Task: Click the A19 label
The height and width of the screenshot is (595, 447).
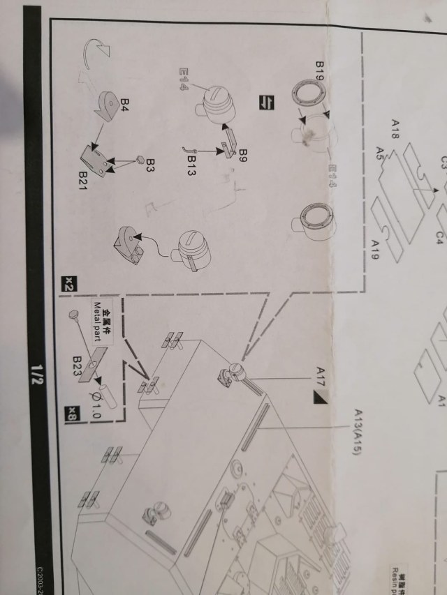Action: pyautogui.click(x=375, y=248)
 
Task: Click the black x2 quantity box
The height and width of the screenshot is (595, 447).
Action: pyautogui.click(x=69, y=284)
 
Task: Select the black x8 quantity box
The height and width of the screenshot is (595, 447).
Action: pyautogui.click(x=71, y=414)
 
